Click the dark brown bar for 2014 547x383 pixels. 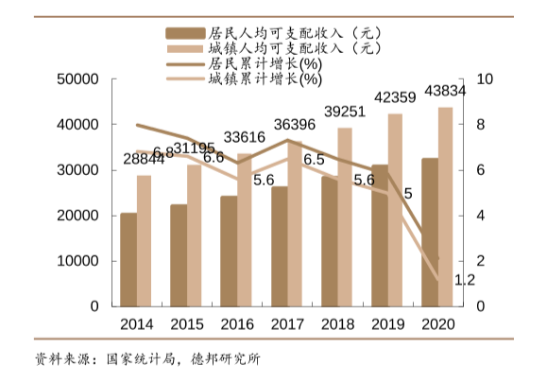tap(128, 260)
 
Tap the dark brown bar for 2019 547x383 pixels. tap(379, 235)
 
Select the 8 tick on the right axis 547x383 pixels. tap(485, 125)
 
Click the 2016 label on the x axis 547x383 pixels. tap(236, 324)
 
